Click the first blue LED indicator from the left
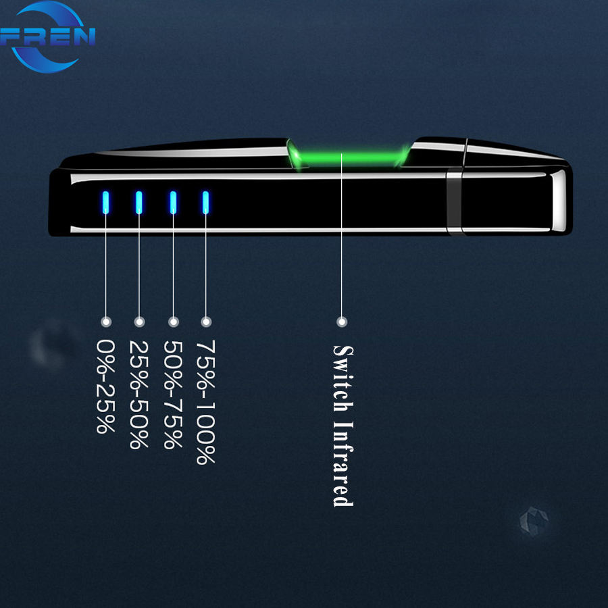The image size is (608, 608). click(105, 202)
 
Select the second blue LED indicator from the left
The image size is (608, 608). click(138, 202)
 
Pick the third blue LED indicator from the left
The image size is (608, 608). click(173, 202)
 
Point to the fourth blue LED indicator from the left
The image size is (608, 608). click(206, 202)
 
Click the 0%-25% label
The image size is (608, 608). click(105, 386)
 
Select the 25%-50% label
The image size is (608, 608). click(138, 395)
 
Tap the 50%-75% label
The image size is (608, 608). click(173, 395)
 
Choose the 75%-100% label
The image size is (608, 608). click(206, 402)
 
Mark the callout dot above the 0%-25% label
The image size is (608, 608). click(105, 322)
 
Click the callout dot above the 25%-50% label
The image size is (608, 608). click(139, 322)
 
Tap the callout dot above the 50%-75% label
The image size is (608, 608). click(173, 322)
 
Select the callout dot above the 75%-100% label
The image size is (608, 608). click(207, 322)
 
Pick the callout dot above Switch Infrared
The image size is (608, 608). click(342, 322)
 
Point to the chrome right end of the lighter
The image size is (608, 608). click(559, 201)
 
